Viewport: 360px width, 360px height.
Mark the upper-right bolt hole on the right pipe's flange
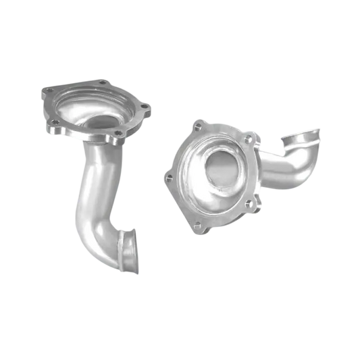(248, 138)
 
